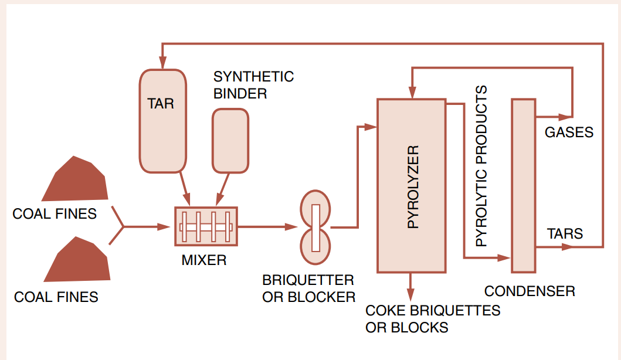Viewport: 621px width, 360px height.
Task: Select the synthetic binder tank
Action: pyautogui.click(x=230, y=141)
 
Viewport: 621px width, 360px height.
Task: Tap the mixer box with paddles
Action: pyautogui.click(x=206, y=226)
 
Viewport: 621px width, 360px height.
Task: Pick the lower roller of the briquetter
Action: pyautogui.click(x=315, y=246)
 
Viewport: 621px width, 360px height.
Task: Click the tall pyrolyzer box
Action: pyautogui.click(x=411, y=185)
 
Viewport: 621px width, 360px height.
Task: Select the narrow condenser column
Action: pyautogui.click(x=523, y=185)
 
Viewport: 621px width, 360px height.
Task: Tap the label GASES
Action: pyautogui.click(x=569, y=132)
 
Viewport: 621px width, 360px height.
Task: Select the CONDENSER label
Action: pyautogui.click(x=530, y=291)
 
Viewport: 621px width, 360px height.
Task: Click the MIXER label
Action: pyautogui.click(x=203, y=260)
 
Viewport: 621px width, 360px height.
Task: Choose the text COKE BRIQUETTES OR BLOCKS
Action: pyautogui.click(x=432, y=318)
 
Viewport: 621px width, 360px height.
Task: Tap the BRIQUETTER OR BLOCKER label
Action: pyautogui.click(x=308, y=288)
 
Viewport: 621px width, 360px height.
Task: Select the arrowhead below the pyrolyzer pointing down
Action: pyautogui.click(x=411, y=294)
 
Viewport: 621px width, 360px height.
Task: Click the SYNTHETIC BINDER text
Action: pyautogui.click(x=253, y=85)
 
